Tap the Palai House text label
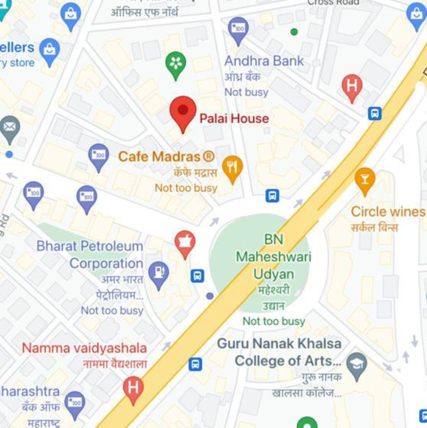pos(234,119)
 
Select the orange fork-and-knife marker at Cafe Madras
pos(232,168)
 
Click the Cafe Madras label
pos(166,157)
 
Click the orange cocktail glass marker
pos(365,179)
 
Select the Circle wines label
pos(388,212)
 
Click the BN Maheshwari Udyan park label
pos(273,256)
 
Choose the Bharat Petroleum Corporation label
pos(90,255)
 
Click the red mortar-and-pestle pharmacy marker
pos(185,242)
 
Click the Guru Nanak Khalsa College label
pos(280,352)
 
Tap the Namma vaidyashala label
pos(84,348)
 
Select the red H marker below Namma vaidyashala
pos(133,388)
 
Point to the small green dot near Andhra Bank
pos(294,32)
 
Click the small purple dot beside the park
pos(210,296)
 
